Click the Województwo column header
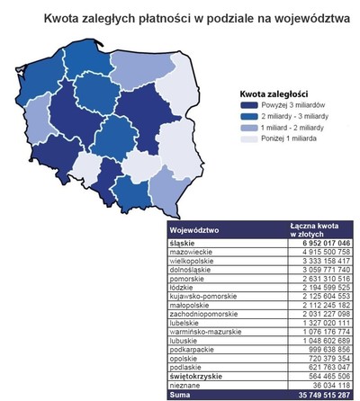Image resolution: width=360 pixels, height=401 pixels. coord(188,228)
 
